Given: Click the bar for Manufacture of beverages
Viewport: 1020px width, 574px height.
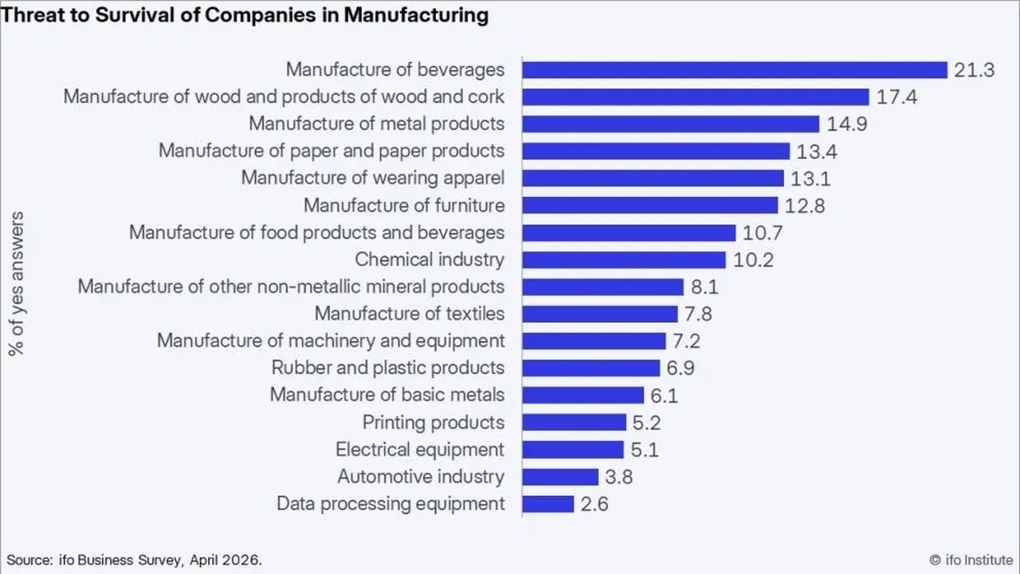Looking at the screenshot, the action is tap(735, 70).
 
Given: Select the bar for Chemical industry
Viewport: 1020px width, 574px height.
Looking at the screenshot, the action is tap(624, 260).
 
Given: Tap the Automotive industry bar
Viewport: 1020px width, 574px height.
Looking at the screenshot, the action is tap(560, 477).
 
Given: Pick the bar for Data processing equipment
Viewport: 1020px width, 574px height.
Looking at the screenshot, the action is tap(547, 504).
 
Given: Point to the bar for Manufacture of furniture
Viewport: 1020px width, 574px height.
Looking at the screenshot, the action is tap(649, 206).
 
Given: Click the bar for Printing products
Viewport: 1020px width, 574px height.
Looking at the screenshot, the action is tap(575, 423).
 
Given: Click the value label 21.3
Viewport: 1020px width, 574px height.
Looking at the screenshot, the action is tap(974, 70).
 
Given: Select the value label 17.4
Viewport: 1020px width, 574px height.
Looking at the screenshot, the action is tap(896, 97).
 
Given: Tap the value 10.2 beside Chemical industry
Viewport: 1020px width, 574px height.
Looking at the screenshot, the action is tap(753, 260).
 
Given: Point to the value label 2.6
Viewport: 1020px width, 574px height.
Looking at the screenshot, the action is tap(594, 505).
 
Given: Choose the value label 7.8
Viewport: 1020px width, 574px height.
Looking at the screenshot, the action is tap(698, 314).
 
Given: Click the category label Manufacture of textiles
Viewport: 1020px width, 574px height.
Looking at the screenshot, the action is tap(410, 313).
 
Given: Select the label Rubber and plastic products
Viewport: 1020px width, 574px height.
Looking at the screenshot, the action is tap(388, 368).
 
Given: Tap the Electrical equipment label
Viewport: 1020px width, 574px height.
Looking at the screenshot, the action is tap(420, 450).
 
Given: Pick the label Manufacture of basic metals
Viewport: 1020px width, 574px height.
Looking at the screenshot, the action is tap(387, 395).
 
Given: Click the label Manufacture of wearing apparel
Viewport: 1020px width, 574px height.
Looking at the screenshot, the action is tap(373, 178).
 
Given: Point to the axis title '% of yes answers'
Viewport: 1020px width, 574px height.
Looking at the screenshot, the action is tap(17, 283).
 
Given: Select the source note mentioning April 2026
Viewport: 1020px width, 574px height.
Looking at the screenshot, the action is tap(135, 560).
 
